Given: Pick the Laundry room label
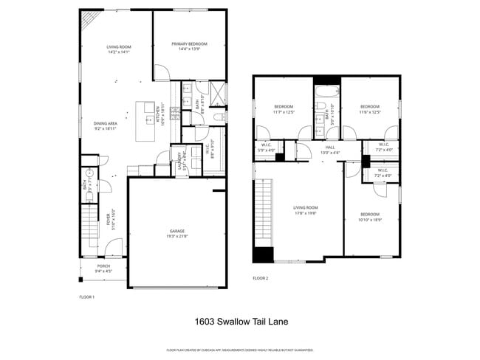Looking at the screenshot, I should tap(178, 160).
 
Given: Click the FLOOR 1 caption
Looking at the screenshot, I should tap(87, 297).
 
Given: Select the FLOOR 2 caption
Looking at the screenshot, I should tap(260, 278).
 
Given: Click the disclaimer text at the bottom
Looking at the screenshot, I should tap(240, 350).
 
